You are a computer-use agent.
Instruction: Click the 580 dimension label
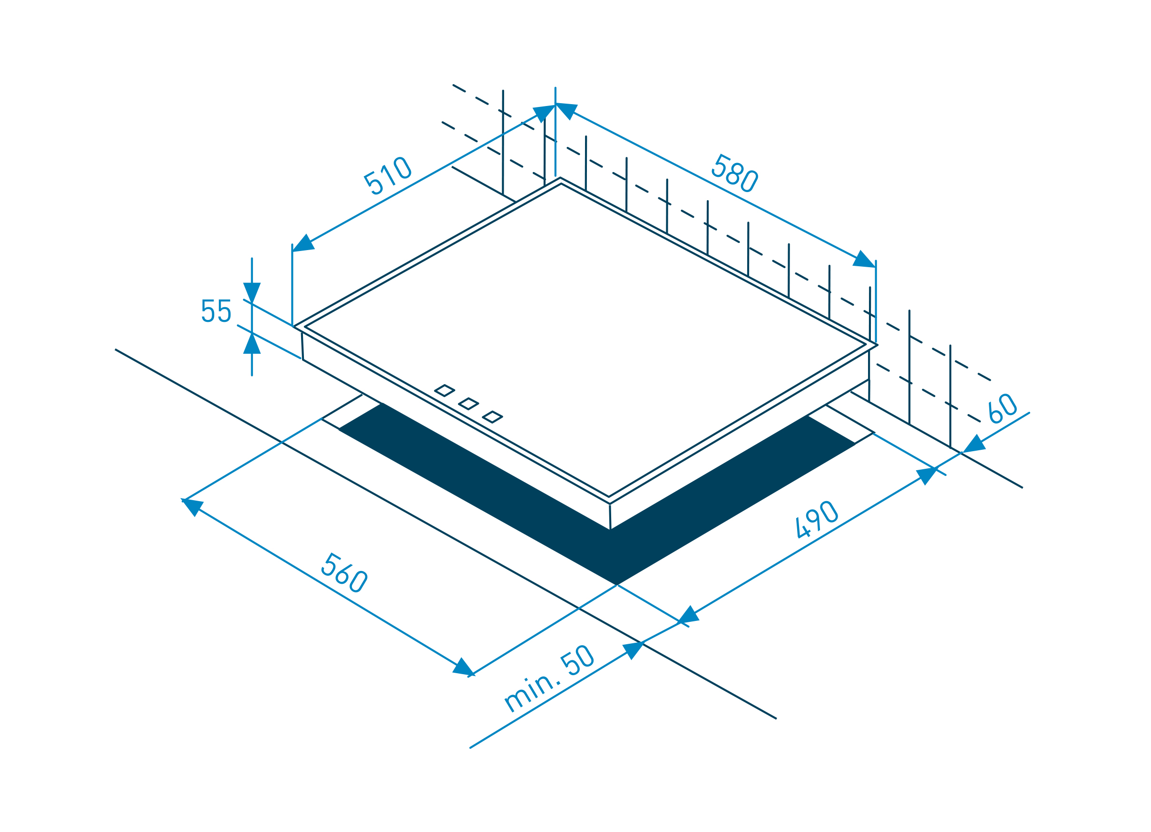(734, 173)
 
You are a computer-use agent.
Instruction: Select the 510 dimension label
(387, 175)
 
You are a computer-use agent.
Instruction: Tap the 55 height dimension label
(216, 310)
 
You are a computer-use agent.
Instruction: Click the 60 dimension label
(1003, 408)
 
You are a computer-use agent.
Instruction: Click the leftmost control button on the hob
(444, 391)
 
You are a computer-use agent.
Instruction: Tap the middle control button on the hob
(468, 404)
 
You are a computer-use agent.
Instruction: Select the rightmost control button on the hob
(492, 417)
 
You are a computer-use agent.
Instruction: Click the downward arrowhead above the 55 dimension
(252, 292)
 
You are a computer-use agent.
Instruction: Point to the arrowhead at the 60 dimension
(974, 445)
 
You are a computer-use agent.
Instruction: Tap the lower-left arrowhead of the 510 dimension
(304, 243)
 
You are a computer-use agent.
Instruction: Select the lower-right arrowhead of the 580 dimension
(863, 259)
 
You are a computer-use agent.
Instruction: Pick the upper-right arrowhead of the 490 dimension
(927, 475)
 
